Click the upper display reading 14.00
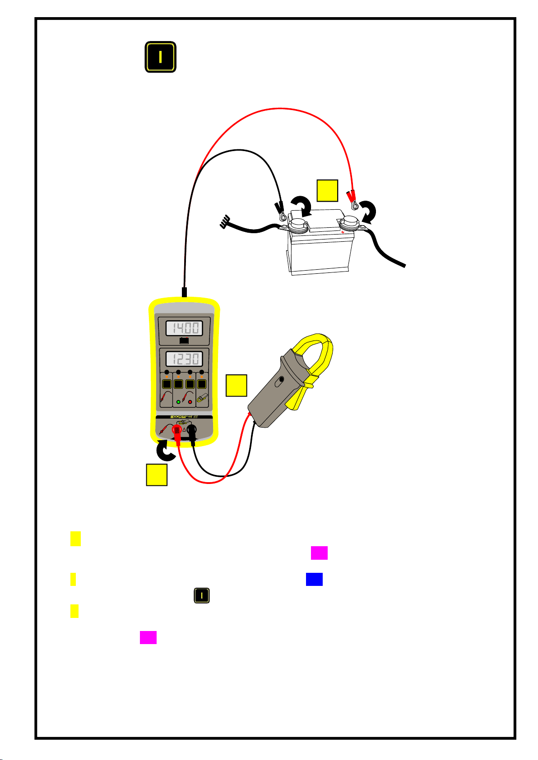pos(183,327)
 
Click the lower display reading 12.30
pos(183,359)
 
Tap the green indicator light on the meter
pos(178,401)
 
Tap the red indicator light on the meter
pos(190,401)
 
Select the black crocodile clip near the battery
pos(278,209)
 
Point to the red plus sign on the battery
pos(343,232)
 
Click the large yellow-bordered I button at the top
pos(160,57)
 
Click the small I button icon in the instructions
pos(202,596)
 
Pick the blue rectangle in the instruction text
pos(314,579)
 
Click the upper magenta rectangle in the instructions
pos(319,553)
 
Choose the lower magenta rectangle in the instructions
pos(148,637)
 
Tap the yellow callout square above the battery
pos(327,190)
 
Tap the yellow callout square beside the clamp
pos(237,385)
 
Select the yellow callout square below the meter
pos(157,475)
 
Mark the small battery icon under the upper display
pos(184,341)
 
